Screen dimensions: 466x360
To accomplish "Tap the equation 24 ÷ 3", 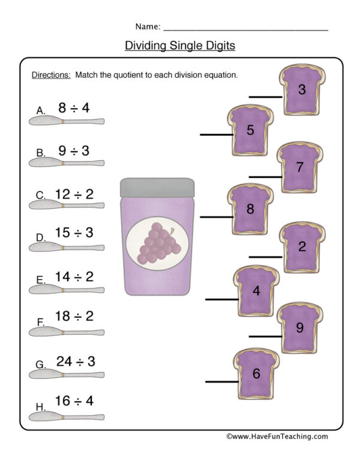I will coord(76,361).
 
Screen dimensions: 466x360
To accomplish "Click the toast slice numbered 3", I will coord(302,91).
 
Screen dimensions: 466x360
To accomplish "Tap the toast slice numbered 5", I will coord(250,130).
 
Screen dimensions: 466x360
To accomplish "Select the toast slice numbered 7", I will coord(300,168).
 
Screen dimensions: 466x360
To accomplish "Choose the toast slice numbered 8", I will coord(250,209).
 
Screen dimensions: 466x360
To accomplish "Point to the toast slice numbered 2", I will coord(302,246).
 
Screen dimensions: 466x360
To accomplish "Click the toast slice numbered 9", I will coord(300,327).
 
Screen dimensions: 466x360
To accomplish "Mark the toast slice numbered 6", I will coord(256,374).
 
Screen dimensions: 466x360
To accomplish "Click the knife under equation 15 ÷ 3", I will coord(66,247).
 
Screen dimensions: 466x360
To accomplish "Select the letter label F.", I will coord(41,322).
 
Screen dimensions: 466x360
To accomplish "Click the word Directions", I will coord(50,76).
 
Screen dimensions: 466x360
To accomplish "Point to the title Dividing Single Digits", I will coord(179,46).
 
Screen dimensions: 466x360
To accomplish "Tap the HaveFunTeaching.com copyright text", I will coord(277,437).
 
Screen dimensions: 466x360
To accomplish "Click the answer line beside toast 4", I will coord(221,299).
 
